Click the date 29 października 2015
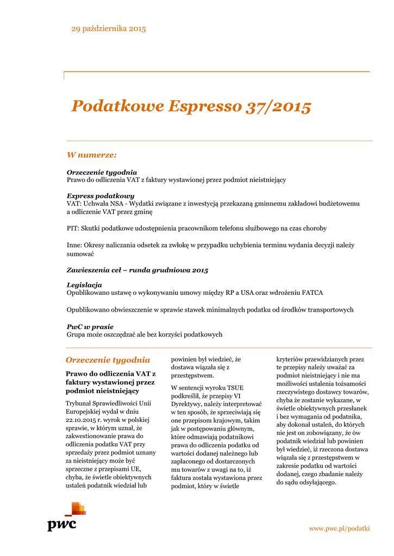[x=109, y=29]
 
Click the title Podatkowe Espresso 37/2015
[x=191, y=106]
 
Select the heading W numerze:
[x=92, y=155]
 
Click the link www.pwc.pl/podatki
[x=339, y=528]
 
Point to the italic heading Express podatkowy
[x=101, y=195]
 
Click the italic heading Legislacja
[x=84, y=285]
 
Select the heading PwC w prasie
[x=90, y=326]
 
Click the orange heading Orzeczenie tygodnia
[x=108, y=360]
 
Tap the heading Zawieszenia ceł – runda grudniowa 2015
[x=137, y=270]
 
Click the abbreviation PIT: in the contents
[x=73, y=228]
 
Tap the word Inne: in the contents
[x=76, y=245]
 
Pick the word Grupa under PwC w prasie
[x=77, y=334]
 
